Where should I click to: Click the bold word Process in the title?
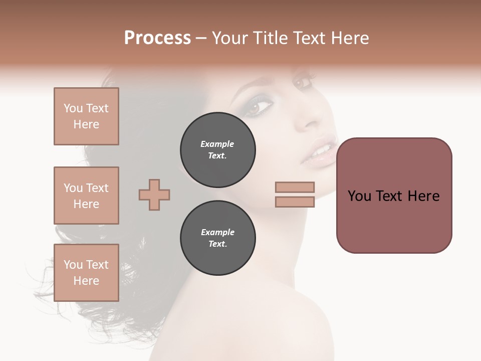(x=157, y=38)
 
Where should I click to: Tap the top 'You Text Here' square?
(x=86, y=116)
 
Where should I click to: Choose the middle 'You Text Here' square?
(x=86, y=196)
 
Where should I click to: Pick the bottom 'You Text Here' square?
(x=86, y=272)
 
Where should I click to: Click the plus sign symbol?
(x=154, y=195)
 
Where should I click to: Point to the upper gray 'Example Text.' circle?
(x=217, y=149)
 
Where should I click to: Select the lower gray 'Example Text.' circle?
(x=217, y=238)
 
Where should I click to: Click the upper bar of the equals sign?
(x=295, y=187)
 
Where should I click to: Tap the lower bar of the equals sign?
(x=295, y=202)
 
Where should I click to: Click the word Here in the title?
(x=350, y=38)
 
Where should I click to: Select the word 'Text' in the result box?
(x=394, y=196)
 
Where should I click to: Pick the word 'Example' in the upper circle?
(x=217, y=144)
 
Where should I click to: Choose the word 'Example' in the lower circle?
(x=217, y=232)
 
